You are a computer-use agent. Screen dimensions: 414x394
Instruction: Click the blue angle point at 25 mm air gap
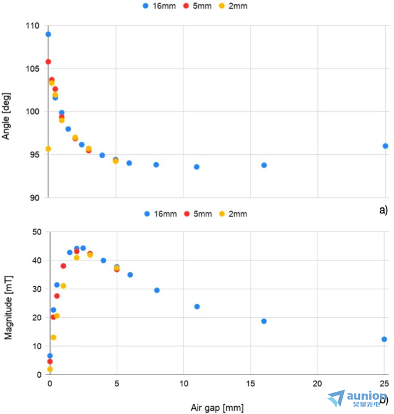[385, 146]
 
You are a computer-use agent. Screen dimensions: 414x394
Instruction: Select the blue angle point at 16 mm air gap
[264, 165]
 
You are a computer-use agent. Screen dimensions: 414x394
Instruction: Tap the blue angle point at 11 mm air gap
[196, 167]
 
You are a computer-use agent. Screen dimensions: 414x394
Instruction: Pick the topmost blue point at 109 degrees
[48, 34]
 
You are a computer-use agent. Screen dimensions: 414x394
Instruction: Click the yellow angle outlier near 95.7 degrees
[48, 149]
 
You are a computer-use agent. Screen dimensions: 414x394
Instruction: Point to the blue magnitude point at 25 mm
[384, 339]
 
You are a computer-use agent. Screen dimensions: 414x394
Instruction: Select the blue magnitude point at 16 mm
[264, 321]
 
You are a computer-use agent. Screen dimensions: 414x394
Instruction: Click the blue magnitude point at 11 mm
[197, 307]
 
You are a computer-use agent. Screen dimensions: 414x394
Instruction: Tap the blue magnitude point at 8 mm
[157, 290]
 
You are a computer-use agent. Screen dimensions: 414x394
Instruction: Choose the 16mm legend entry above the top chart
[157, 6]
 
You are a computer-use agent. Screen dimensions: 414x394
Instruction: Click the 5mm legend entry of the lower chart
[197, 214]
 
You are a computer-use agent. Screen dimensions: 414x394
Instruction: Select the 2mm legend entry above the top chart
[233, 6]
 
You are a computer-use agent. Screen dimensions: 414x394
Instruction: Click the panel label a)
[383, 210]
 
